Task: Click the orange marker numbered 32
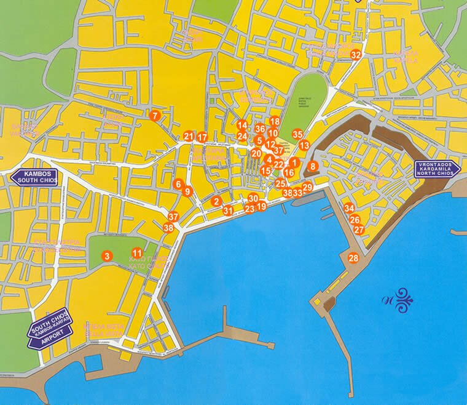pyautogui.click(x=355, y=55)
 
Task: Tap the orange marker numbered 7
pyautogui.click(x=155, y=115)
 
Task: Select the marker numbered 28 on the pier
pyautogui.click(x=353, y=258)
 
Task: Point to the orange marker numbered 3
pyautogui.click(x=107, y=256)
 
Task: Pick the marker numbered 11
pyautogui.click(x=137, y=253)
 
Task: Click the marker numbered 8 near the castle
pyautogui.click(x=312, y=166)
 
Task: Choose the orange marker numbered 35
pyautogui.click(x=297, y=134)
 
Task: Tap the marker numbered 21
pyautogui.click(x=189, y=137)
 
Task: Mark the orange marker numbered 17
pyautogui.click(x=202, y=137)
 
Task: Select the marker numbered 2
pyautogui.click(x=216, y=201)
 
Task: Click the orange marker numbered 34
pyautogui.click(x=349, y=208)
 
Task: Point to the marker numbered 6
pyautogui.click(x=178, y=184)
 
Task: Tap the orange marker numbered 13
pyautogui.click(x=304, y=146)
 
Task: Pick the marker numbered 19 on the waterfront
pyautogui.click(x=261, y=207)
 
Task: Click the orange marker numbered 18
pyautogui.click(x=275, y=122)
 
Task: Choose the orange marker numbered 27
pyautogui.click(x=359, y=230)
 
